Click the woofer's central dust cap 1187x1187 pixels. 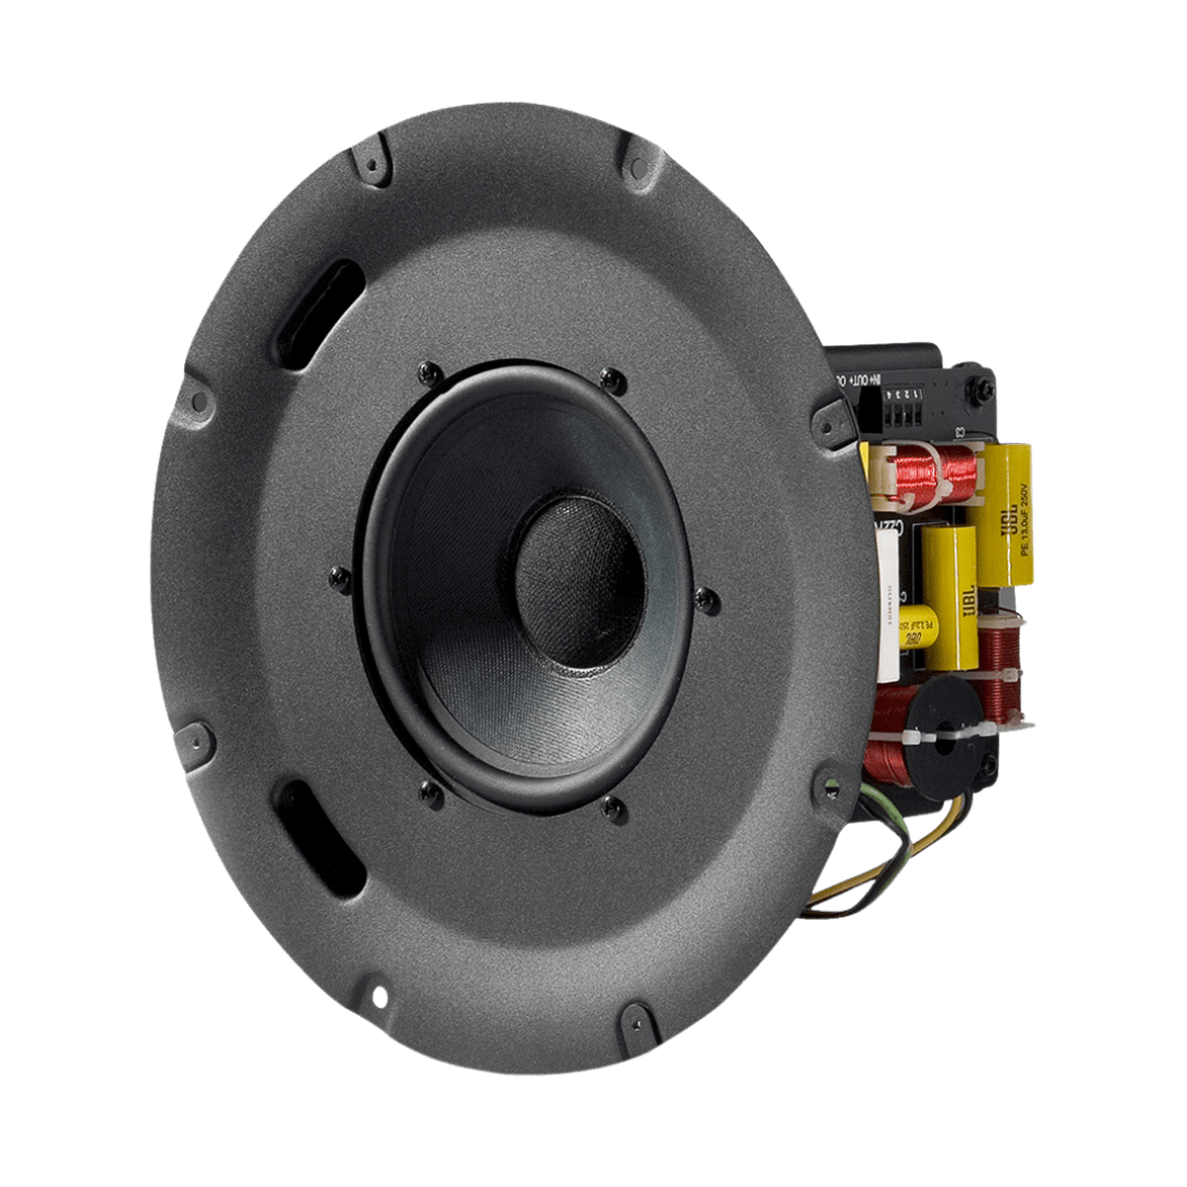[580, 579]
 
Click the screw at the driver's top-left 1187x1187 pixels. [428, 372]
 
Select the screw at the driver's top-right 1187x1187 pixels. [613, 379]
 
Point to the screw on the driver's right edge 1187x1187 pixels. [706, 599]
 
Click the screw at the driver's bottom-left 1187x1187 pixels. [429, 790]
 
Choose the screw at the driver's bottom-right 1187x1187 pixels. [614, 810]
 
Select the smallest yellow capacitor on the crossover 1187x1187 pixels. [918, 627]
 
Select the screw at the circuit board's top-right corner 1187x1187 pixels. [984, 389]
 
